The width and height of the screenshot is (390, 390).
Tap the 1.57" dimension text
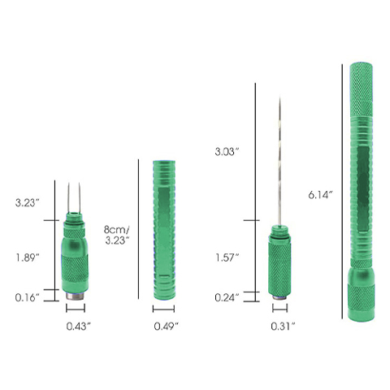[x=226, y=257]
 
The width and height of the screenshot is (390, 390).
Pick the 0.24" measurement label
[x=226, y=297]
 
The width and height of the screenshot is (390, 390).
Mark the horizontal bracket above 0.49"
[x=165, y=310]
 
